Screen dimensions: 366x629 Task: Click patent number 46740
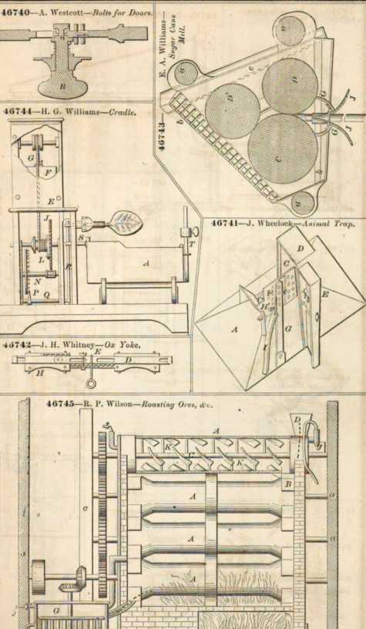[x=15, y=12]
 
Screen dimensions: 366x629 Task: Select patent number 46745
[x=61, y=403]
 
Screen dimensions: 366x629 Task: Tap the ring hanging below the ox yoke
[x=92, y=383]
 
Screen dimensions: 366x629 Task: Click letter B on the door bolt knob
[x=62, y=86]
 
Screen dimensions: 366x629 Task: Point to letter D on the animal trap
[x=301, y=249]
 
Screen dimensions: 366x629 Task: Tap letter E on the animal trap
[x=325, y=294]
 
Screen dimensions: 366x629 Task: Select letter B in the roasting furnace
[x=287, y=484]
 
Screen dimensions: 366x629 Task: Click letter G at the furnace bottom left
[x=56, y=611]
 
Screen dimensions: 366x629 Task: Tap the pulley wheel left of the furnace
[x=39, y=577]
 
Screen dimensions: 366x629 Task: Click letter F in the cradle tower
[x=47, y=174]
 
